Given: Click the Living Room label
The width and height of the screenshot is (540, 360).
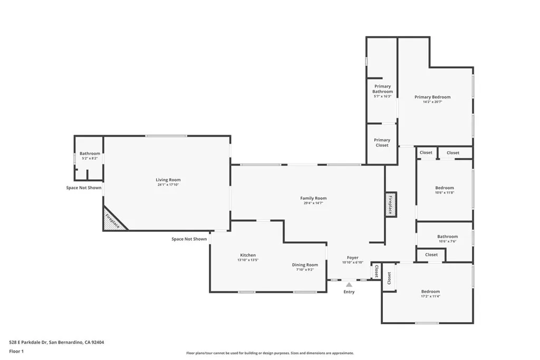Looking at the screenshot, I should pos(168,180).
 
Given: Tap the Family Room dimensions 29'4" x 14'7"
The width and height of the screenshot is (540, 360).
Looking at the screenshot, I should pos(313,203).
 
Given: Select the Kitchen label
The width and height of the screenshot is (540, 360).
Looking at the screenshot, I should pos(248,255).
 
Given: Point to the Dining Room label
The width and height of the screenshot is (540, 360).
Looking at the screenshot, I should pos(305,265).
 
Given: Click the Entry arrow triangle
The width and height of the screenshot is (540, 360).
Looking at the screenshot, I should pos(349,285).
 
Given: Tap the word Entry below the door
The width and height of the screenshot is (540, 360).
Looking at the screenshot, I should pos(349,291).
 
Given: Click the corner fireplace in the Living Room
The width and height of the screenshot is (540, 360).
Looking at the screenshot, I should pos(113,219).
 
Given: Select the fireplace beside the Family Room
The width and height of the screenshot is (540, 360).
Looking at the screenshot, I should pos(391,205).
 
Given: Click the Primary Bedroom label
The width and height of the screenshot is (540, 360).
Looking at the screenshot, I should pos(432,97).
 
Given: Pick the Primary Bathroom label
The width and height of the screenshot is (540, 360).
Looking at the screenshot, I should pos(382,89).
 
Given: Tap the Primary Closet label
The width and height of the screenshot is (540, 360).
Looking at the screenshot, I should pos(382,142).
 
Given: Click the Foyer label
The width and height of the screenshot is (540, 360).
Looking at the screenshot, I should pos(353,258).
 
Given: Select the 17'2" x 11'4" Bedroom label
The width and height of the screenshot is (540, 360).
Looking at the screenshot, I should pos(430,291).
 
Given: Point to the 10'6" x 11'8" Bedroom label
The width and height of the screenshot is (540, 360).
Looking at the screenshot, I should pos(444,188).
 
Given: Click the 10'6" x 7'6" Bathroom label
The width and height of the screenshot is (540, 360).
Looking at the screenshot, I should pos(447,237).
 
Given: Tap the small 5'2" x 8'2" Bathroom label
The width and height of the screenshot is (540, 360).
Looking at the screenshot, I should pos(90,153).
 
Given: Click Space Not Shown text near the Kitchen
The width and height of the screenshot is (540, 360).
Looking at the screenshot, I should pos(189,239).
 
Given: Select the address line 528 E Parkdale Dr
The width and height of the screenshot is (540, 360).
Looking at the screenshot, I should pos(56,342).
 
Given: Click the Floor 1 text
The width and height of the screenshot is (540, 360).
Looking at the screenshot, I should pos(17,351).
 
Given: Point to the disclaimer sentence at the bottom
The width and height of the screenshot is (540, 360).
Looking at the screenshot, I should pos(269,353).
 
